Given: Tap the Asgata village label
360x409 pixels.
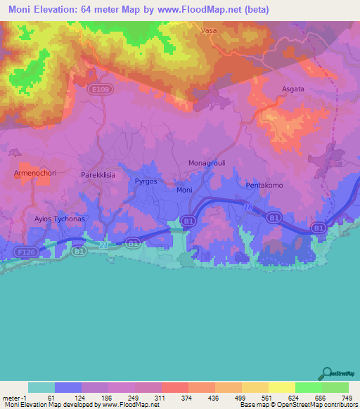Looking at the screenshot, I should pos(294,89).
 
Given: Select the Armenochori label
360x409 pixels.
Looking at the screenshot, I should pos(34,173).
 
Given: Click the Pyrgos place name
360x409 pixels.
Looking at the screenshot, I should pos(146,181).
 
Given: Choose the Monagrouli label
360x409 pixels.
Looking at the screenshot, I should pos(205,163).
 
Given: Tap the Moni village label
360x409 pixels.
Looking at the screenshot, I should pos(184,190).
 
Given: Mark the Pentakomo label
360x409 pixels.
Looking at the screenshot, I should pos(264,185).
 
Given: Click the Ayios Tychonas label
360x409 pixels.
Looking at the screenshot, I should pos(60,219).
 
